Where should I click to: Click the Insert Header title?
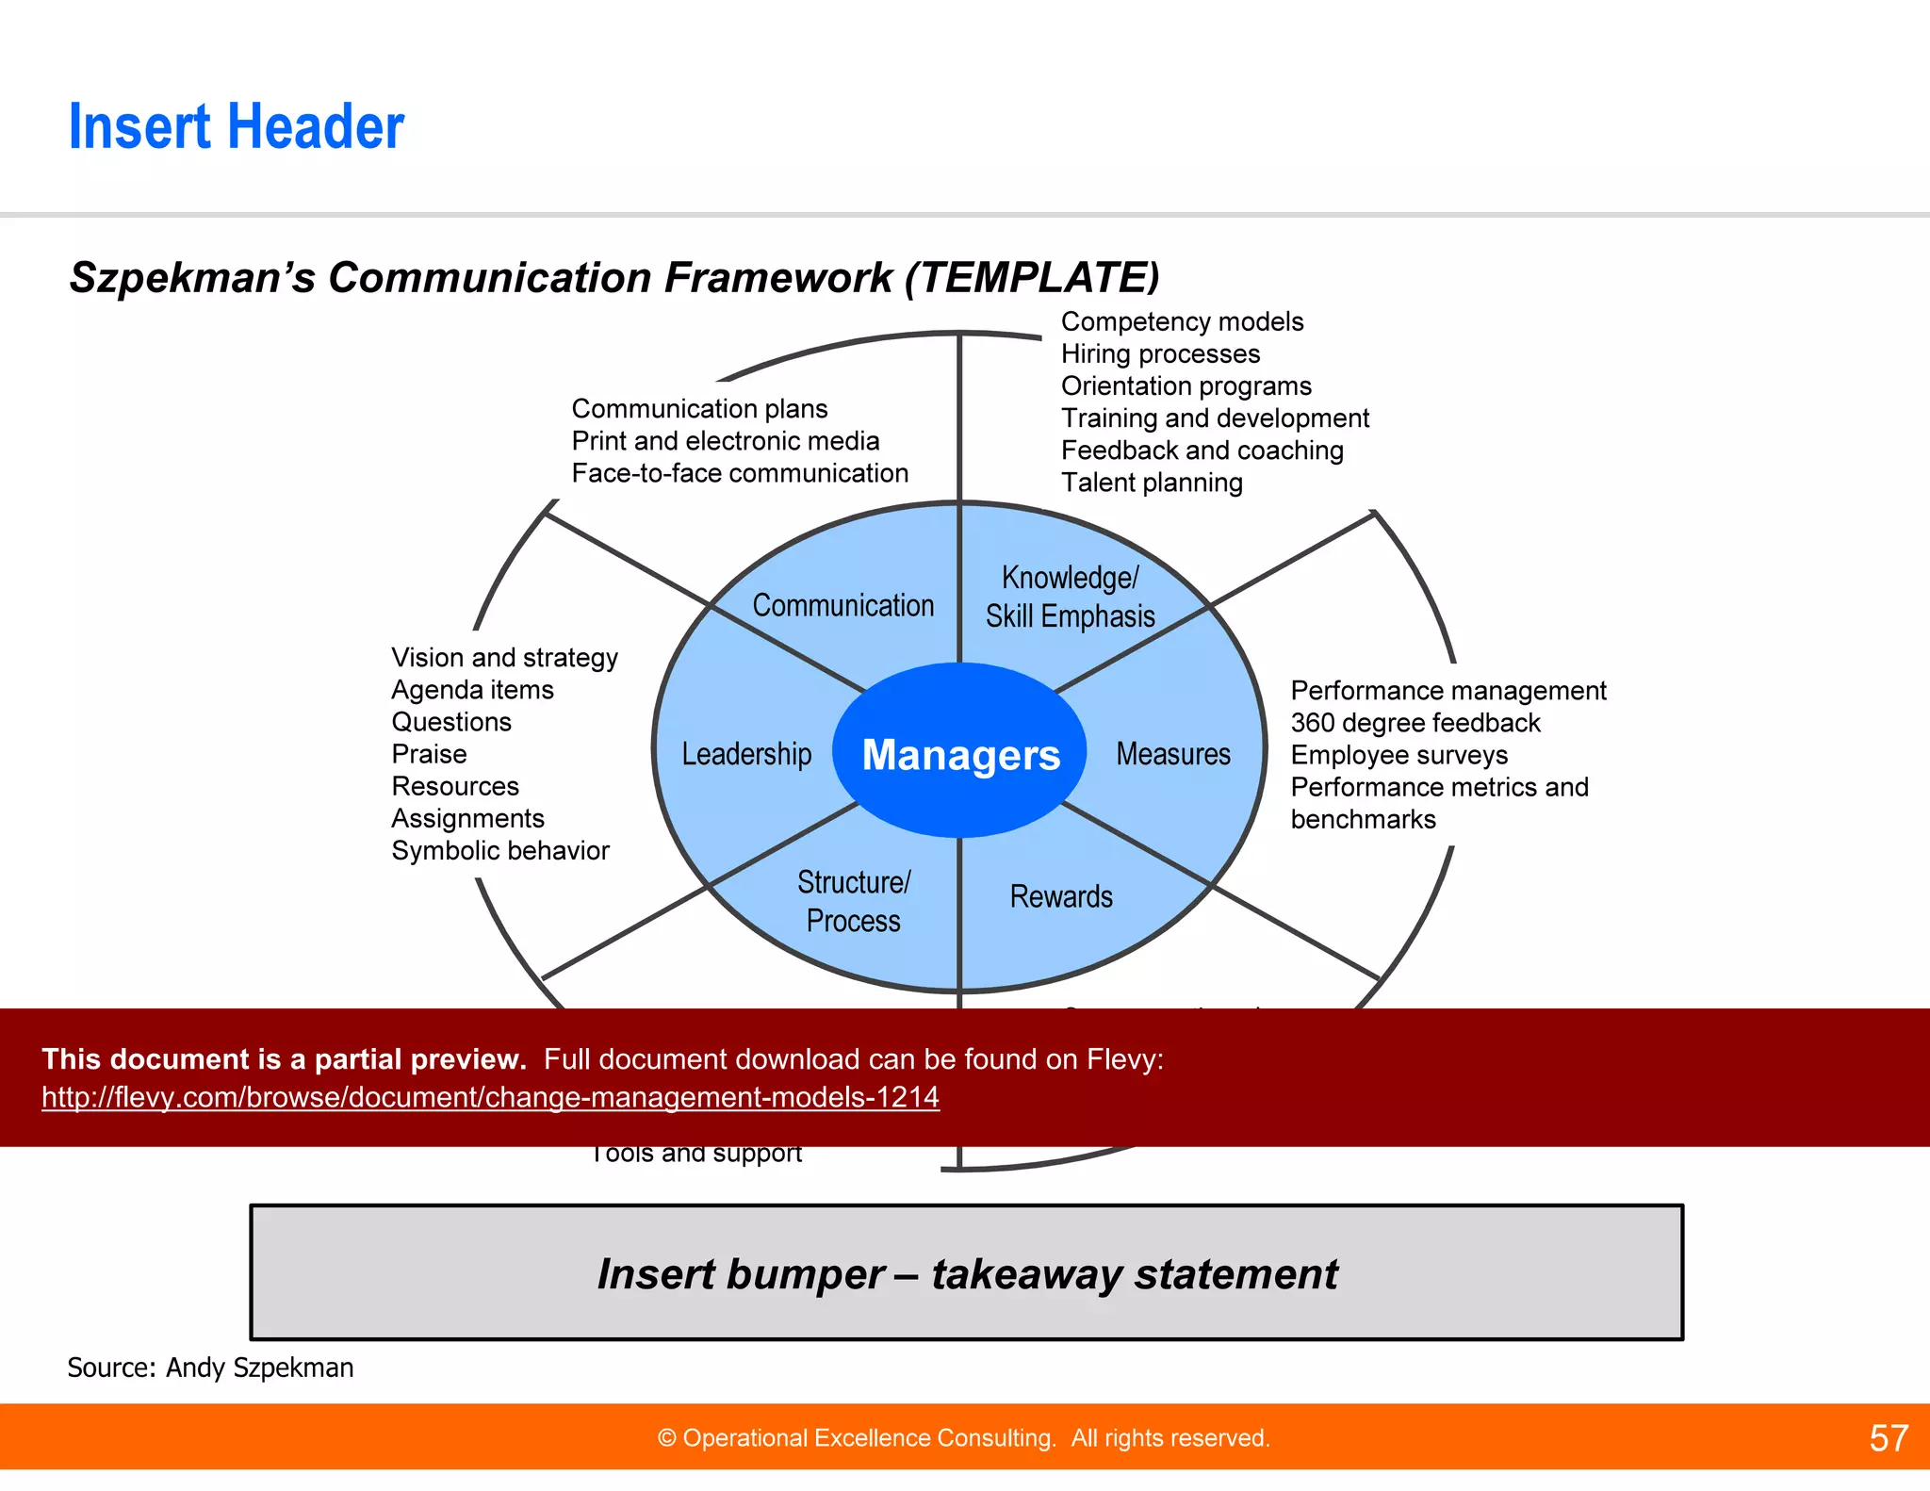(236, 127)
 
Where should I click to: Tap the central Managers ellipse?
(960, 754)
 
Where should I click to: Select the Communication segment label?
(842, 605)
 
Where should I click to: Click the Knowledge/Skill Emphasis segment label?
(1071, 597)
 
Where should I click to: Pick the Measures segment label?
(1173, 754)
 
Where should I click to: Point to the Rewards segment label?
(1061, 896)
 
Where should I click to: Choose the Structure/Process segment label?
(854, 901)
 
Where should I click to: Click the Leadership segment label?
(746, 754)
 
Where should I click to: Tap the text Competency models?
(1182, 322)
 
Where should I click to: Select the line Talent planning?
(1152, 483)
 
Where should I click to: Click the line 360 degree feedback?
(1415, 723)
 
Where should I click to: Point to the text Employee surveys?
(1398, 755)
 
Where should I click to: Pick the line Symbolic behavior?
(500, 851)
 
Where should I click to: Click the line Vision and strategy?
(504, 658)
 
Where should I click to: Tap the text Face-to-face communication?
(740, 473)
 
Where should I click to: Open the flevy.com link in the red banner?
(490, 1097)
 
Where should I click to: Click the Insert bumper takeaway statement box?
(966, 1273)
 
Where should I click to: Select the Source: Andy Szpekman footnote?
(210, 1368)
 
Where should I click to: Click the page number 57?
(1888, 1438)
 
